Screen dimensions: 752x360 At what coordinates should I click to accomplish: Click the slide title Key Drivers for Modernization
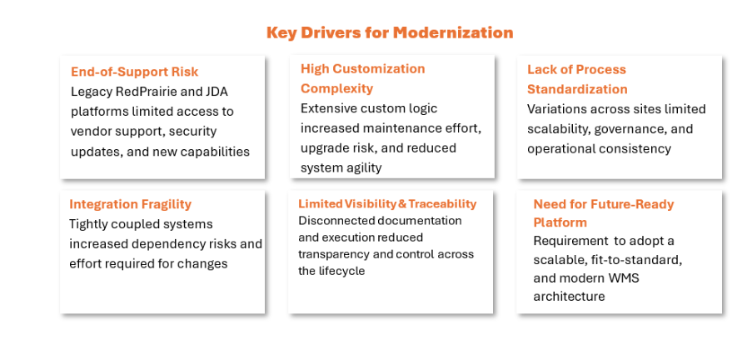[x=390, y=32]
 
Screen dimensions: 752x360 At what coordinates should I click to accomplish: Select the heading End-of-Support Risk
[x=134, y=72]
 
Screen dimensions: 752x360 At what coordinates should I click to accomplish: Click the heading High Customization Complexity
[x=363, y=78]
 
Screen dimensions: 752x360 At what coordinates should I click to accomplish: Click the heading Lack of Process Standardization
[x=577, y=79]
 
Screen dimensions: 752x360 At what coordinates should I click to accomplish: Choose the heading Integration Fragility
[x=131, y=204]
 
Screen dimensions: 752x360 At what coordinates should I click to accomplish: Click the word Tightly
[x=87, y=224]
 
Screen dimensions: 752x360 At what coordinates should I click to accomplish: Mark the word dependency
[x=172, y=244]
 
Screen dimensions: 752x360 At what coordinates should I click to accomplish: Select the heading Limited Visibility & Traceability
[x=387, y=204]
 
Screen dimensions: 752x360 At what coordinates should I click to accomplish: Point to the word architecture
[x=569, y=297]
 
